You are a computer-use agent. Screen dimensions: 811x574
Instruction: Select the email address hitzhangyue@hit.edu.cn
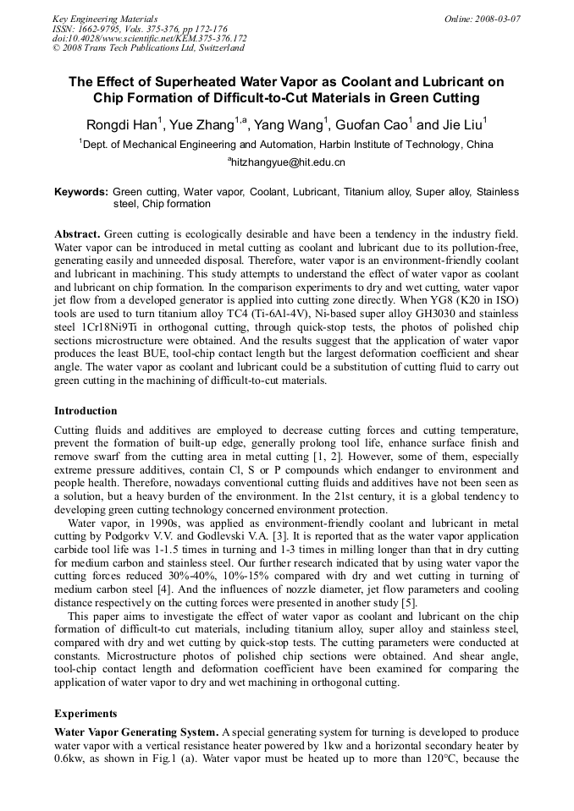288,162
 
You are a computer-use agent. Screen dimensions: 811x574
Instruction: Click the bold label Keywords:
81,192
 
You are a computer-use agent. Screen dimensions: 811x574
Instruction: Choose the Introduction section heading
86,411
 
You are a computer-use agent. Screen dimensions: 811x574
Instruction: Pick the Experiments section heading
86,713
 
